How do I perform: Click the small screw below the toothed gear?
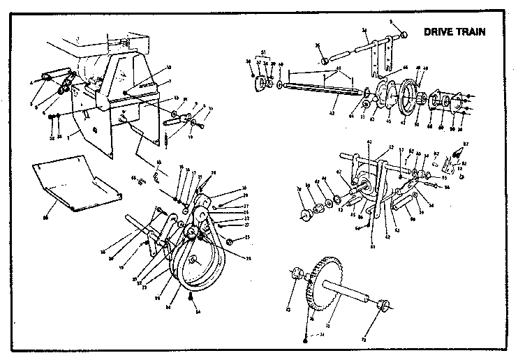point(306,338)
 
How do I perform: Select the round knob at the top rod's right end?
point(403,34)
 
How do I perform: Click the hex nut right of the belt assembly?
point(230,241)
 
